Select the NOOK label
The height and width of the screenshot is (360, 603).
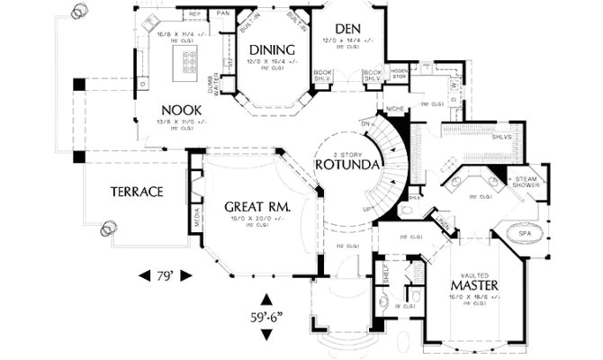pyautogui.click(x=181, y=110)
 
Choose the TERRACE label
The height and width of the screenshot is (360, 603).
pyautogui.click(x=136, y=192)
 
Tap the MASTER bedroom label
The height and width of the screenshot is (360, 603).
pyautogui.click(x=474, y=285)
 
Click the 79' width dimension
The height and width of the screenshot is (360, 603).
pyautogui.click(x=165, y=274)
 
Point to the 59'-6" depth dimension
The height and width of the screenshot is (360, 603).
pyautogui.click(x=266, y=317)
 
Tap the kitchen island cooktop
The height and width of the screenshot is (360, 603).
pyautogui.click(x=190, y=61)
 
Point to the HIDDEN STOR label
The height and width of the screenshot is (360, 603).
pyautogui.click(x=399, y=74)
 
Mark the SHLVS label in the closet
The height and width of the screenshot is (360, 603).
pyautogui.click(x=502, y=137)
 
